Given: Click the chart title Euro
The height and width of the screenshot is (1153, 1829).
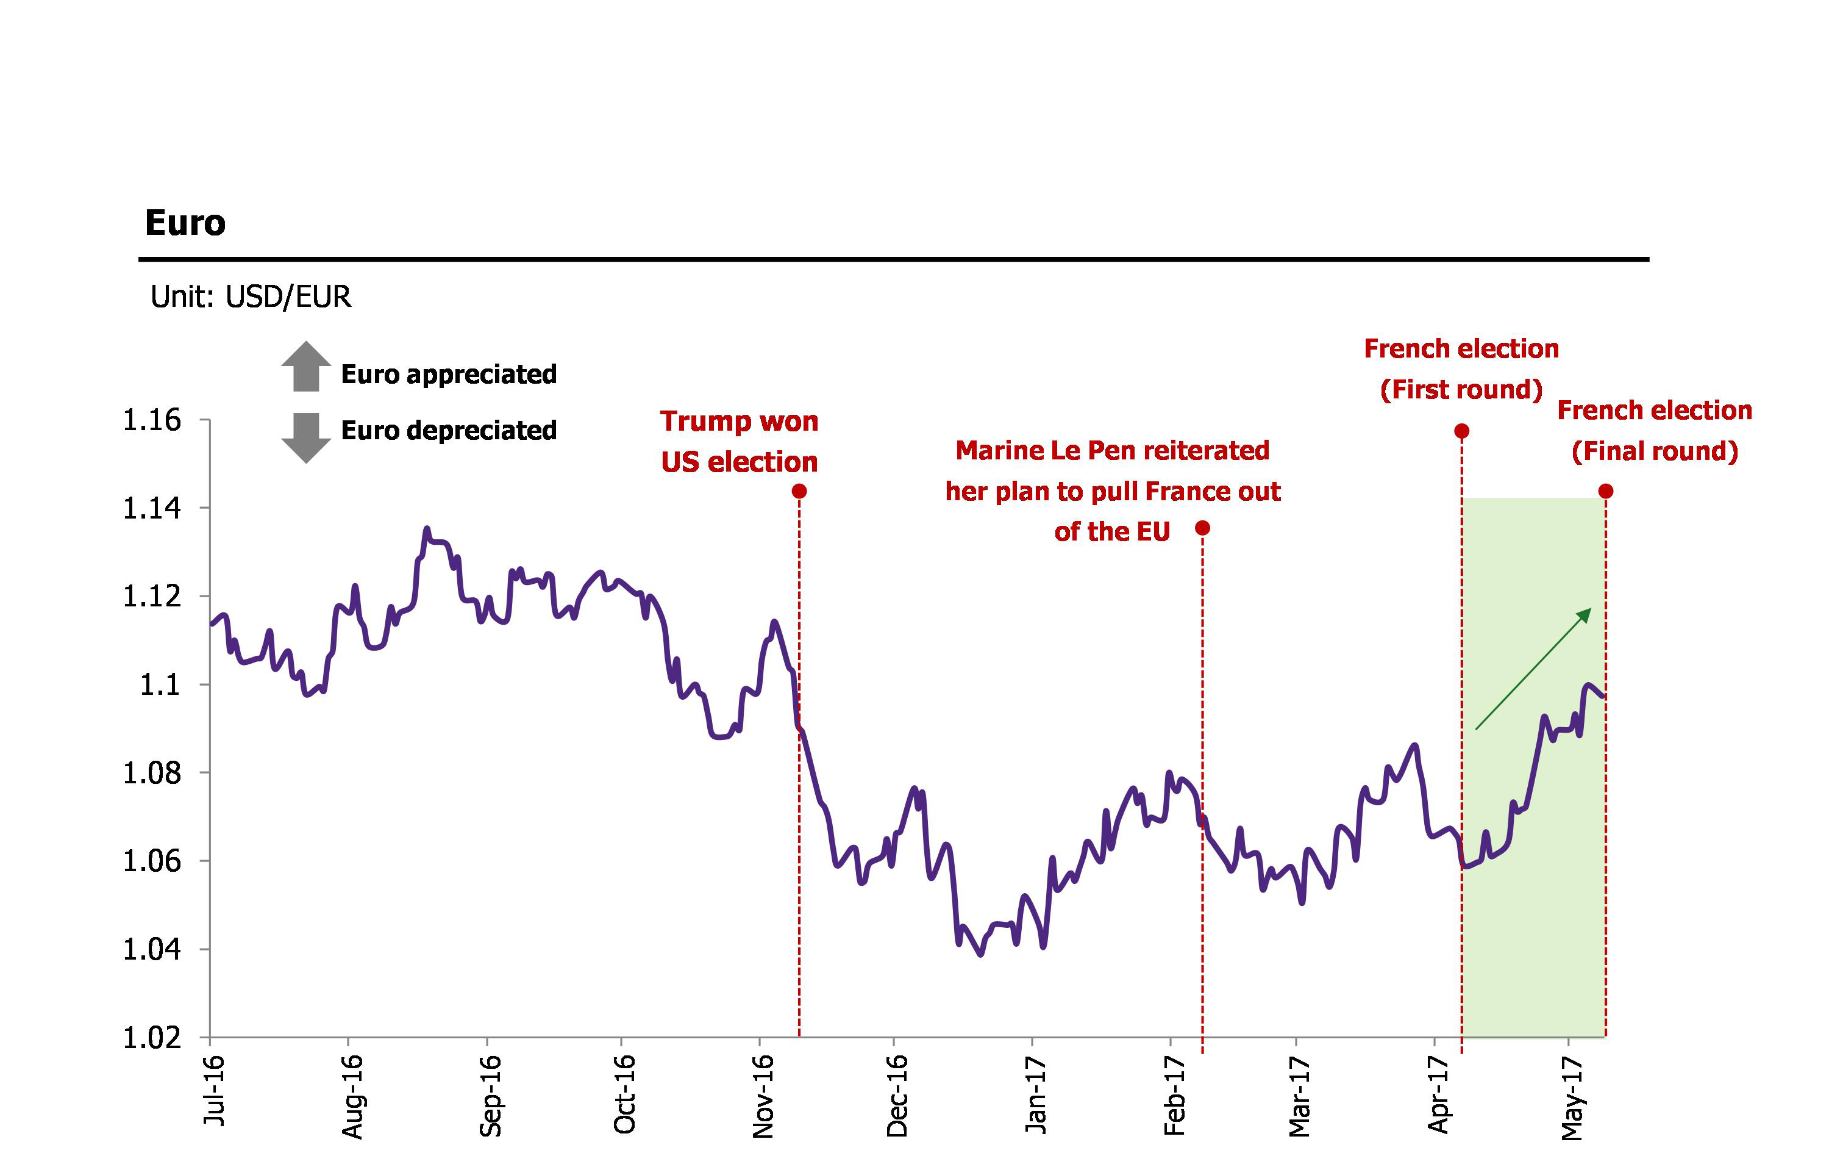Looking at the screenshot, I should pyautogui.click(x=185, y=223).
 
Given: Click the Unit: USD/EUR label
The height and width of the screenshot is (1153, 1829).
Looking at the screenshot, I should pyautogui.click(x=251, y=296).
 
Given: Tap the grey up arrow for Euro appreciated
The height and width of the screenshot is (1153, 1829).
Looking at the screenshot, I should pyautogui.click(x=306, y=367).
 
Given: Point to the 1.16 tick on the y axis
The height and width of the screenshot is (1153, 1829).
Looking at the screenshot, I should pyautogui.click(x=152, y=420).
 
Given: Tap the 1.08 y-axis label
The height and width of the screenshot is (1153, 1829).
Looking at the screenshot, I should pyautogui.click(x=152, y=773).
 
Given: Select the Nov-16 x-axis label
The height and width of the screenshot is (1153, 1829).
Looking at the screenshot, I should pyautogui.click(x=763, y=1095).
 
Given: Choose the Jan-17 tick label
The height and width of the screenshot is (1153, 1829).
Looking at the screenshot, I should pyautogui.click(x=1036, y=1094).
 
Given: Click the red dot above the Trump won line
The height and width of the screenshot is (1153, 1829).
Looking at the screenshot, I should pyautogui.click(x=799, y=492).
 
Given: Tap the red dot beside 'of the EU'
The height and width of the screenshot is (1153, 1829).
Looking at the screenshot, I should pyautogui.click(x=1202, y=528).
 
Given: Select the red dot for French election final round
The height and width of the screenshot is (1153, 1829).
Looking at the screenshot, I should pyautogui.click(x=1606, y=492).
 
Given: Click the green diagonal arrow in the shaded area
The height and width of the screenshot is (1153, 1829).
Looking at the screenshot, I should pyautogui.click(x=1533, y=669).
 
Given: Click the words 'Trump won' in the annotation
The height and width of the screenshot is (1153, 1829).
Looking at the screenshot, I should pyautogui.click(x=739, y=421).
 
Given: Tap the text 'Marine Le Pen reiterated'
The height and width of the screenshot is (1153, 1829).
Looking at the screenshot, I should pyautogui.click(x=1112, y=451).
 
